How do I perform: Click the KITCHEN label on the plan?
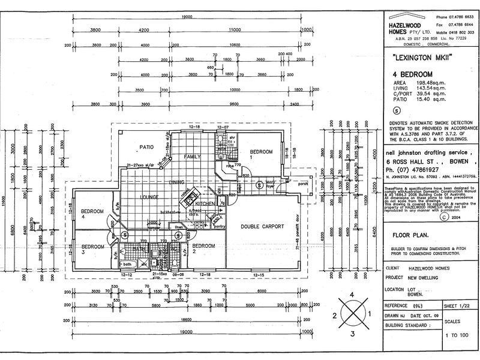[x=205, y=205]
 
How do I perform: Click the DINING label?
[x=176, y=182]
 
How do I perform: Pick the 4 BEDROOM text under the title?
[x=407, y=74]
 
